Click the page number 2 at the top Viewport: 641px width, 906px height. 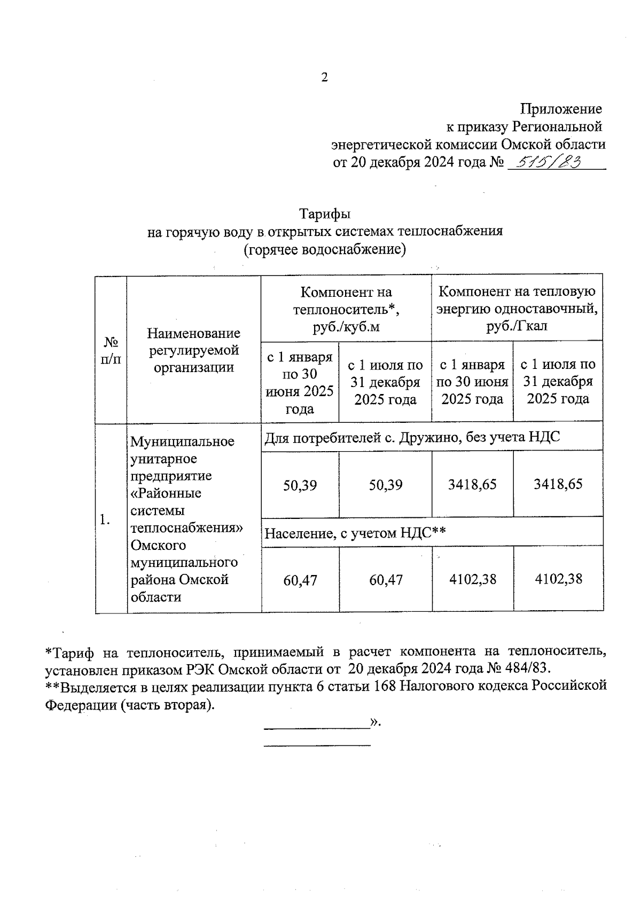click(324, 77)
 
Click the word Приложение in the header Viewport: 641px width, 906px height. click(561, 109)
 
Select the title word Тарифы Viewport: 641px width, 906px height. click(324, 214)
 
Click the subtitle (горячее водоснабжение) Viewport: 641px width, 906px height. click(324, 249)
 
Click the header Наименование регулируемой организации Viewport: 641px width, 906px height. click(194, 350)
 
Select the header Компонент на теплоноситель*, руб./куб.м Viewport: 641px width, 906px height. click(346, 309)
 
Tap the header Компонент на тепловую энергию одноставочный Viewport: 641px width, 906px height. click(517, 309)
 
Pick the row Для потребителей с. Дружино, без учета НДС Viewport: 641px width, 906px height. click(412, 437)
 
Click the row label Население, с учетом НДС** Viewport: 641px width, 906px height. click(355, 532)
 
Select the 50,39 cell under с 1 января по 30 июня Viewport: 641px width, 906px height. click(300, 485)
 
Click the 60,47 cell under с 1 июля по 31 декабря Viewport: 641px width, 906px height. click(386, 580)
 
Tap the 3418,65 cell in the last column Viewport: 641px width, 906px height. click(558, 484)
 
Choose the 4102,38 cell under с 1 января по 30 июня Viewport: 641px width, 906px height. click(472, 579)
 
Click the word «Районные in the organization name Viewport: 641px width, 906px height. click(166, 493)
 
